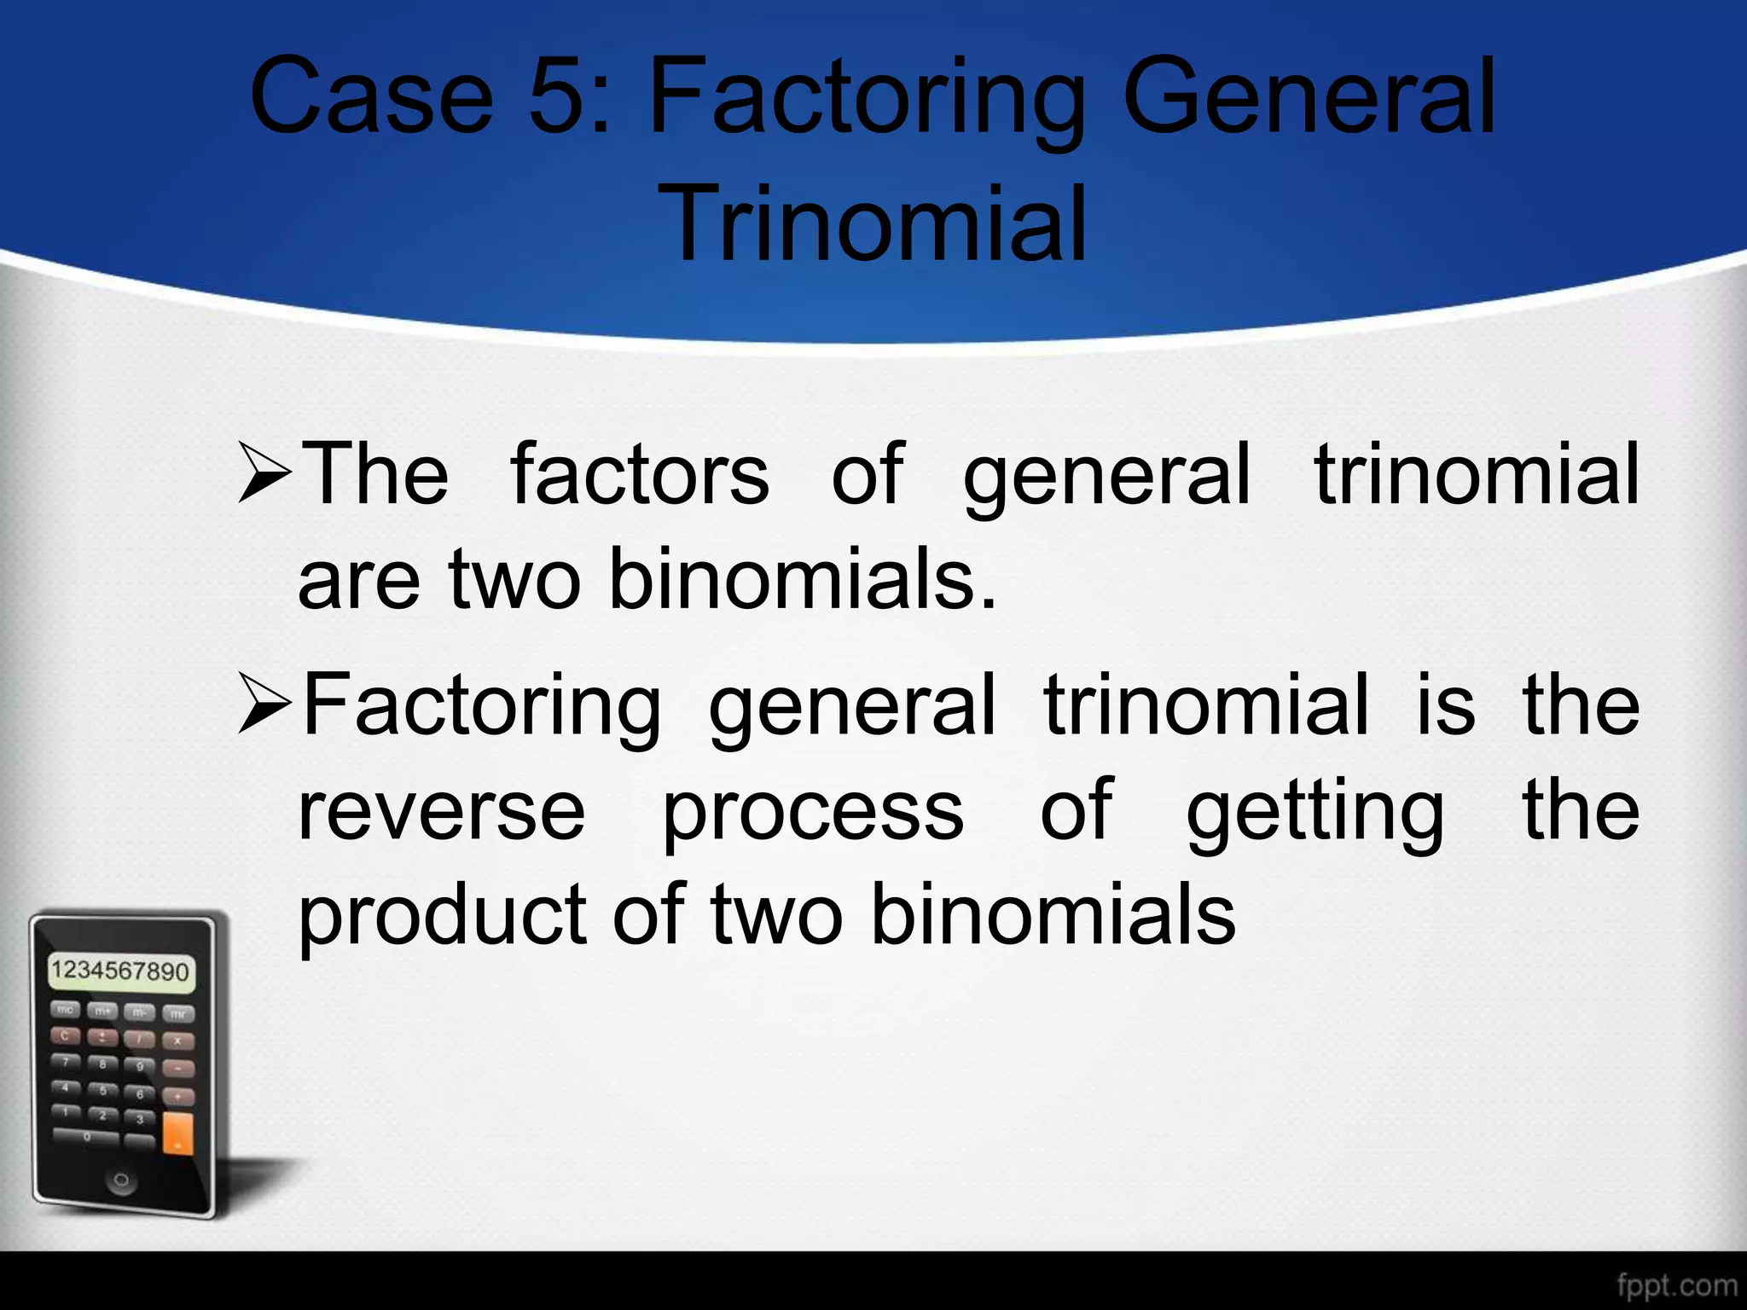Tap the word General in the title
coord(1309,96)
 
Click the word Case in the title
coord(371,96)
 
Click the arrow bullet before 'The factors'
coord(265,472)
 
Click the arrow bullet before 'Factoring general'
coord(265,704)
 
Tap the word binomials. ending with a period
coord(802,578)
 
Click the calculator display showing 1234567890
coord(120,971)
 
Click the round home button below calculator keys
coord(121,1180)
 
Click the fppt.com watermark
coord(1676,1284)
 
